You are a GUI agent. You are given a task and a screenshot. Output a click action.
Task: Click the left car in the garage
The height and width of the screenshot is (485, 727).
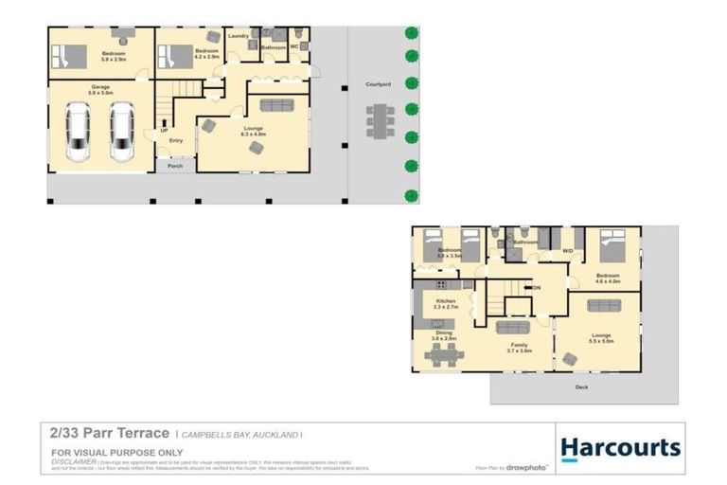coord(79,132)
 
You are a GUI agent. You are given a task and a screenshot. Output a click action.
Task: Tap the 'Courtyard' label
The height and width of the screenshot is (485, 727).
coord(379,84)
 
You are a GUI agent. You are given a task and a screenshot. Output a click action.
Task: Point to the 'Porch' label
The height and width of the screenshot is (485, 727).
coord(174,166)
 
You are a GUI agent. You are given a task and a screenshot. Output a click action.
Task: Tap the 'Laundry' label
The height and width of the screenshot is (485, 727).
coord(239,36)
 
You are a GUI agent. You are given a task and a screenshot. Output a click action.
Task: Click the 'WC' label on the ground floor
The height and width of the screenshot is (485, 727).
coord(295,45)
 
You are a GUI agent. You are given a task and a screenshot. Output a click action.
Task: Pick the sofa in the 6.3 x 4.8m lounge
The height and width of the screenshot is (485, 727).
coord(276,105)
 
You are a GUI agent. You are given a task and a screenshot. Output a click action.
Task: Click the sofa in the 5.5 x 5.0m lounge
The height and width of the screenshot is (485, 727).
coord(604,305)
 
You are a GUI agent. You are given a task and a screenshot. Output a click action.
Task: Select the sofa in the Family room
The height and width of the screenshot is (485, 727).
coord(515,328)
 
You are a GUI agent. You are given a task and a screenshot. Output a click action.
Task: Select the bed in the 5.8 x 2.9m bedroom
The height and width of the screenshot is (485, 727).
coord(69,58)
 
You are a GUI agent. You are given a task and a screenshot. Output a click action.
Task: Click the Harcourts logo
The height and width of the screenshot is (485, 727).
coord(620,448)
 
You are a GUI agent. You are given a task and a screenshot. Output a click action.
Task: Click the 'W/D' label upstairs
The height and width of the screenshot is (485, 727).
coord(568,251)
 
